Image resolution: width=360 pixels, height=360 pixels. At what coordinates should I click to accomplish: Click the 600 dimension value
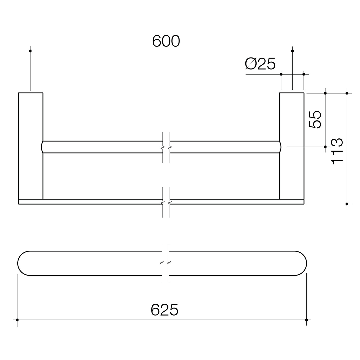(x=166, y=41)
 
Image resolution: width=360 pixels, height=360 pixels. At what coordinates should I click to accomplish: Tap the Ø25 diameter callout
(x=260, y=64)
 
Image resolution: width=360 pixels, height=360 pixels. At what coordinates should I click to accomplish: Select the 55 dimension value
(x=315, y=119)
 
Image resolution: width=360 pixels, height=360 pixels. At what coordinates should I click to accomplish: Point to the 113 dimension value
(x=337, y=151)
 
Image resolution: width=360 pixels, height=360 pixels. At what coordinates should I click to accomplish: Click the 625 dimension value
(x=165, y=310)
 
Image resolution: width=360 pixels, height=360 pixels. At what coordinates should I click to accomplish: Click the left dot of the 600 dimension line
(x=30, y=51)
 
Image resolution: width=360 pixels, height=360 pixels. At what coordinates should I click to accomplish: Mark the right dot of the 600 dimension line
(x=292, y=51)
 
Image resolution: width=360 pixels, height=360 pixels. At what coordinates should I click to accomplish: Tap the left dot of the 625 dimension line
(x=17, y=320)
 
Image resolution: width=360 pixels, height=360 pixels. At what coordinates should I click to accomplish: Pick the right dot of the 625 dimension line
(x=306, y=320)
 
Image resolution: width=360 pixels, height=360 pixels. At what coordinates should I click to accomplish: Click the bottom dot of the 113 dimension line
(x=347, y=204)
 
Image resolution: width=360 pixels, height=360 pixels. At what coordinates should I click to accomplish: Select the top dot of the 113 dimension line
(x=347, y=93)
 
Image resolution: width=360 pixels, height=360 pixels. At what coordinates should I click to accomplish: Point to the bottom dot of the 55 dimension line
(x=325, y=147)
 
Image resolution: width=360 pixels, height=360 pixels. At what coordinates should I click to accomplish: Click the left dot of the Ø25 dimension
(x=281, y=74)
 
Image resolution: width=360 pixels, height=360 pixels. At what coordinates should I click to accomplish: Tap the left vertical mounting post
(x=31, y=146)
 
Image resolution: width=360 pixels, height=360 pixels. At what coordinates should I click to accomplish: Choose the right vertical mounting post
(x=292, y=146)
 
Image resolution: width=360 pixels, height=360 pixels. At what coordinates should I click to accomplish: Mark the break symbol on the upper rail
(x=166, y=147)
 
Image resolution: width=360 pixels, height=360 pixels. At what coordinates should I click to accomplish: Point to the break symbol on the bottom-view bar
(x=165, y=263)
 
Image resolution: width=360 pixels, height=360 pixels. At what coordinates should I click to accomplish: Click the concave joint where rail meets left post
(x=42, y=147)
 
